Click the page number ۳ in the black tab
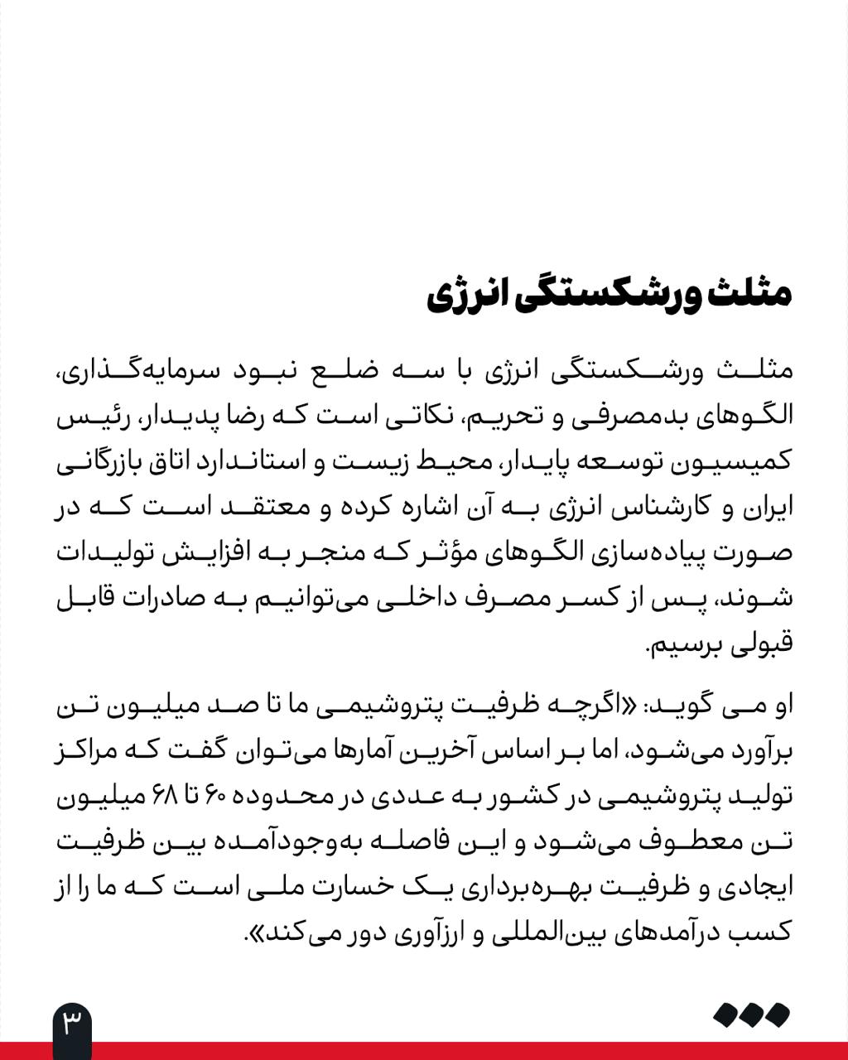[x=72, y=1024]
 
